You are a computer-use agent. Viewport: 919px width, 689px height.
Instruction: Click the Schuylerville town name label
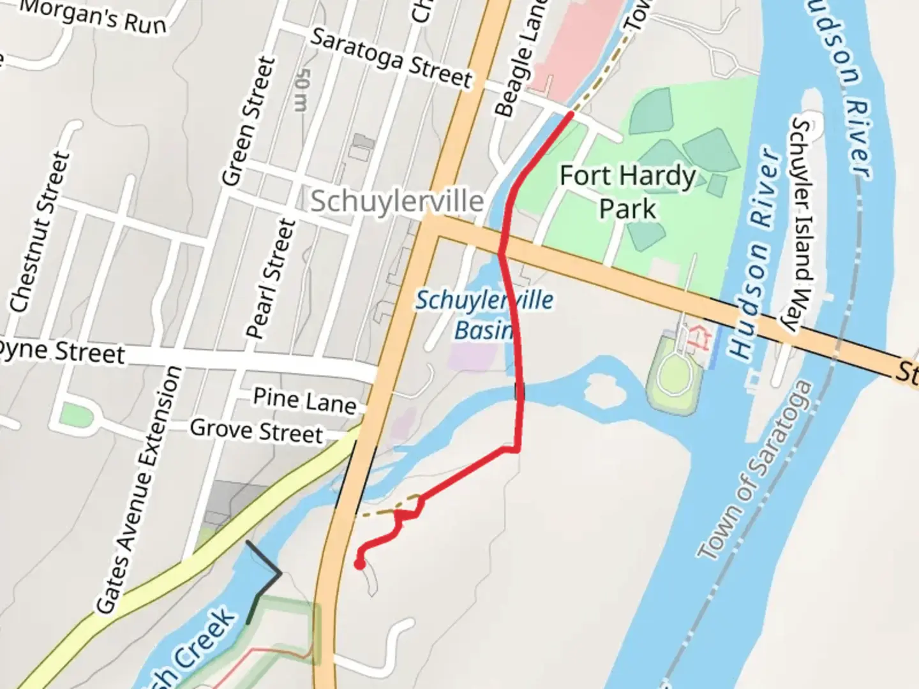click(397, 202)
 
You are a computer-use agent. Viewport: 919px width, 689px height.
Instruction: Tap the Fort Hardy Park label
click(627, 191)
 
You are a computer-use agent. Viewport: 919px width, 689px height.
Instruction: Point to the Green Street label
click(248, 121)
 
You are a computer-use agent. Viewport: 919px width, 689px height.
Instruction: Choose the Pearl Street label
click(272, 278)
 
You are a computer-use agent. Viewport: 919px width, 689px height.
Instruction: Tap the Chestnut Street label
click(40, 232)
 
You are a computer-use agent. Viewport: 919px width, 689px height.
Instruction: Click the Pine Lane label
click(304, 401)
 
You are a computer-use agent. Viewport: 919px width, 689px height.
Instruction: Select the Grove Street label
click(257, 431)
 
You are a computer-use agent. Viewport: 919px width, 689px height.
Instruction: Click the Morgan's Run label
click(93, 16)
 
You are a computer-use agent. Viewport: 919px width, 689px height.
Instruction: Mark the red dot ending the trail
click(359, 564)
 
